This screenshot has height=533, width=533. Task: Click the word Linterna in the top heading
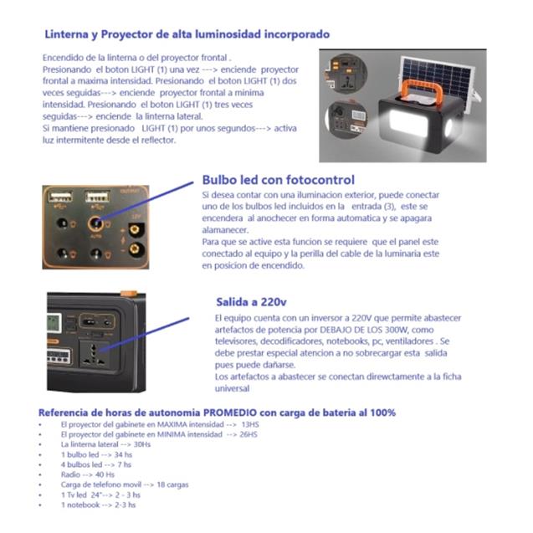coord(66,34)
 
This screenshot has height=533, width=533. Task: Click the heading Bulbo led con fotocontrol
coord(278,180)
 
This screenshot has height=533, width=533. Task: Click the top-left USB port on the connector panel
coord(60,199)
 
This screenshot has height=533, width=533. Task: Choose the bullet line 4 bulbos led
coord(95,464)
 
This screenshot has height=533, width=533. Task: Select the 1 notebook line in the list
coord(97,505)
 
